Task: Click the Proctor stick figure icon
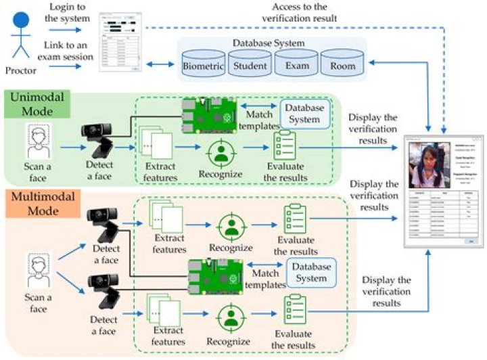[x=22, y=34]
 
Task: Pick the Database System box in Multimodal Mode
[x=311, y=272]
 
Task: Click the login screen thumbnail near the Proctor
[x=120, y=41]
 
